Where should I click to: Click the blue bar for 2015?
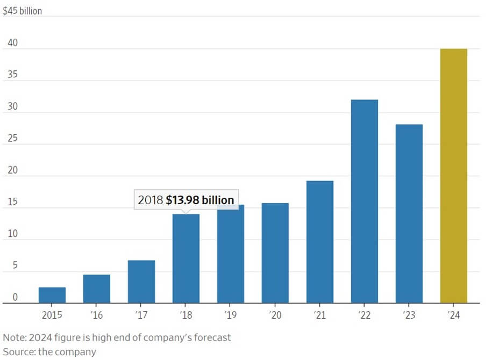[52, 295]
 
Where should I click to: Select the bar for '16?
[97, 289]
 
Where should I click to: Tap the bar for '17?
[141, 282]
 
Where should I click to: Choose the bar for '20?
[275, 253]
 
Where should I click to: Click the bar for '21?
[320, 242]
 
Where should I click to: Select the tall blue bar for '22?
[365, 201]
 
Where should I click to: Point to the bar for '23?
[409, 214]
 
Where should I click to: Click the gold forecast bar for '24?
[454, 176]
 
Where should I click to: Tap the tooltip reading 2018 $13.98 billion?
[186, 200]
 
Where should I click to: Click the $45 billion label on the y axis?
[23, 10]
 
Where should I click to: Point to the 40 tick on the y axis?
[12, 43]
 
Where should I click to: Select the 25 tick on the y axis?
[12, 139]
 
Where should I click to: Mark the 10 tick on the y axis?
[12, 234]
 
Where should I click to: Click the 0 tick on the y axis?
[15, 297]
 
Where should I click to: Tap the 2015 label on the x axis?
[52, 315]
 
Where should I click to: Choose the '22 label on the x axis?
[365, 315]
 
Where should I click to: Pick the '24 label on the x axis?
[454, 315]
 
